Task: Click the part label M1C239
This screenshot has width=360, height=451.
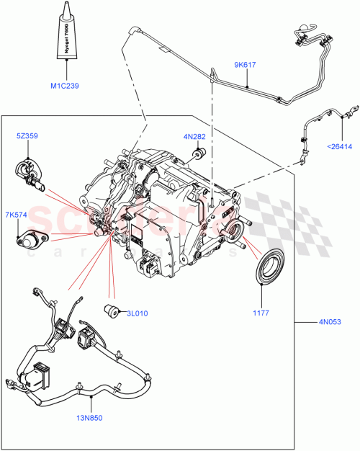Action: (x=65, y=86)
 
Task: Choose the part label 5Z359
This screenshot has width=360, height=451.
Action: (x=28, y=135)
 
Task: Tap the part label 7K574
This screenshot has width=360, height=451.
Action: (x=17, y=213)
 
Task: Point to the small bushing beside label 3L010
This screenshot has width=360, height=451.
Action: (x=112, y=311)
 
